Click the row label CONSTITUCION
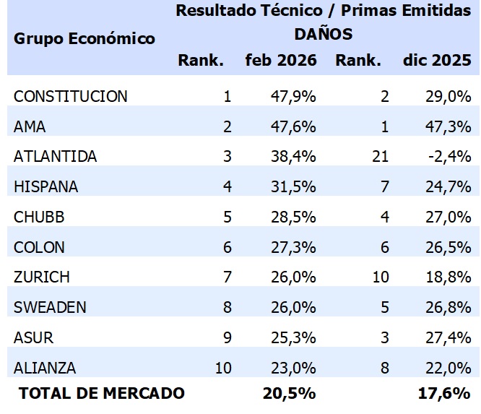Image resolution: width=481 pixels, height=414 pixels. coord(70,97)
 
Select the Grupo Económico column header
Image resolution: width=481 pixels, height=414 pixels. coord(84,38)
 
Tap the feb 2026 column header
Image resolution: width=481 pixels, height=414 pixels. coord(281,60)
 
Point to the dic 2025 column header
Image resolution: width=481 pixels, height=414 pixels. coord(437,60)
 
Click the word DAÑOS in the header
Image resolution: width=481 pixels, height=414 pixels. coord(324,34)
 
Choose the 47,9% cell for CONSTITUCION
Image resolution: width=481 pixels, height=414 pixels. coord(292,97)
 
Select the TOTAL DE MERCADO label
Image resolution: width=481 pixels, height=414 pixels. coord(101,393)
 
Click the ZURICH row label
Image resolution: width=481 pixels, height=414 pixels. coord(42,277)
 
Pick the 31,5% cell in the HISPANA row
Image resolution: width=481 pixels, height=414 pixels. coord(292,186)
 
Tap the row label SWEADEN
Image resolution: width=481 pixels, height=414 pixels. coord(50,307)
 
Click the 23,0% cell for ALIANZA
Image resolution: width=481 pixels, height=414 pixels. coord(292,368)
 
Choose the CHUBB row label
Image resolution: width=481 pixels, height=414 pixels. coord(39,217)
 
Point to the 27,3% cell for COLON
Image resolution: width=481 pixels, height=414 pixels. coord(292,247)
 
